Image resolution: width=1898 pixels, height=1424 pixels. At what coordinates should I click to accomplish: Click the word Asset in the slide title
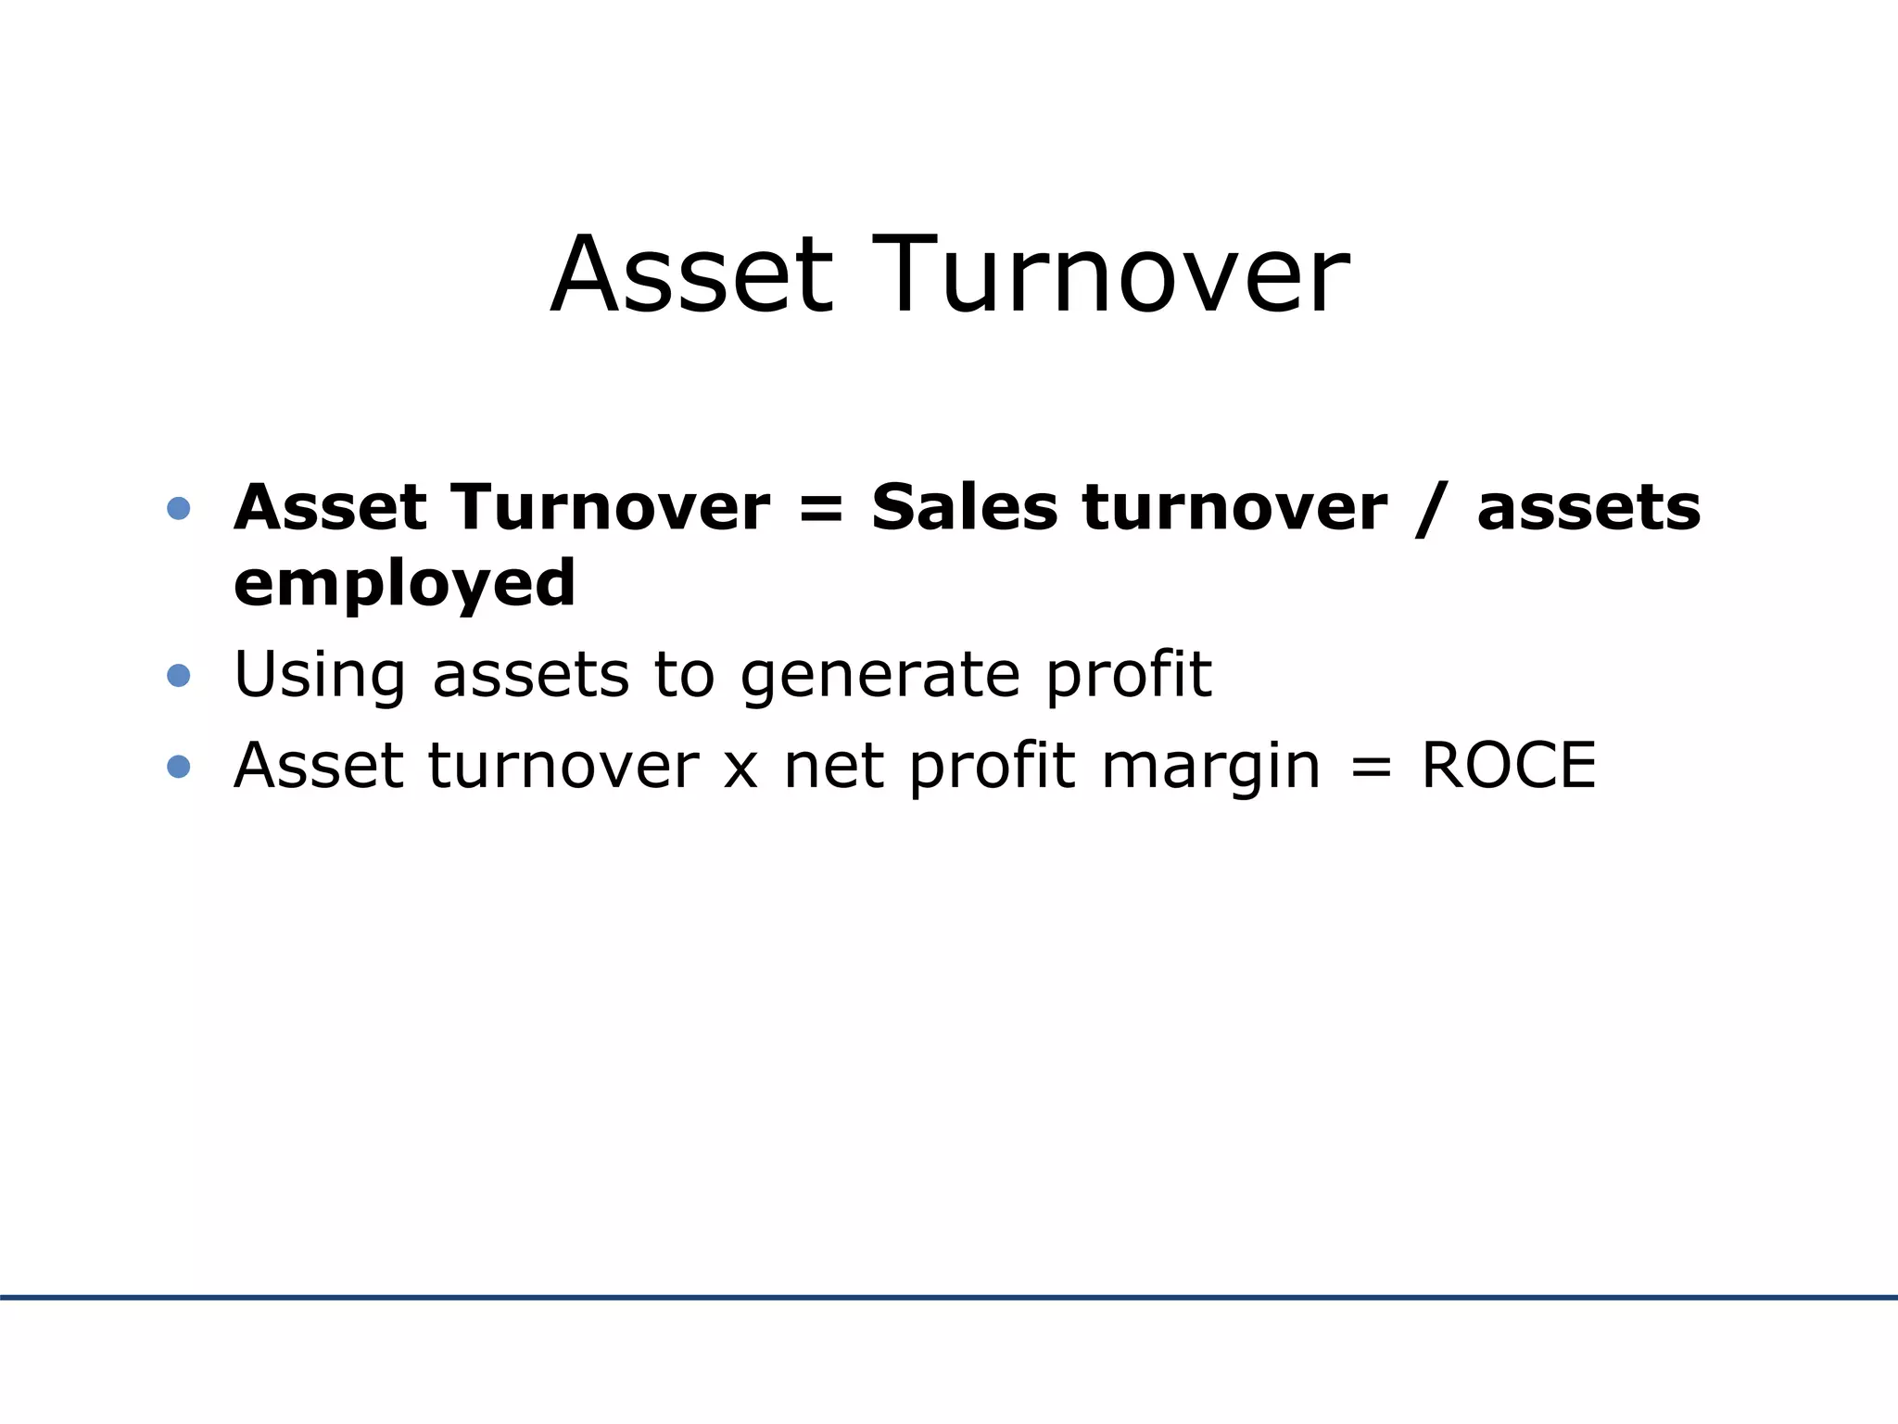click(691, 276)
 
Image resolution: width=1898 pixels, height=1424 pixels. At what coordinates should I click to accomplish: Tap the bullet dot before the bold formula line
click(179, 508)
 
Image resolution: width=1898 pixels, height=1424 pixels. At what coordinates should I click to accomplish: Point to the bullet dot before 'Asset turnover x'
click(179, 766)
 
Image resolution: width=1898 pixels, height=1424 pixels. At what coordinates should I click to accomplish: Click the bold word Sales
click(964, 508)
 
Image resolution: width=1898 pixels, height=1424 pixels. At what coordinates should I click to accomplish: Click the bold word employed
click(404, 584)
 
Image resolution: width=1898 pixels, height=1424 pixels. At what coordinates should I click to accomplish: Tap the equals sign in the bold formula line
click(820, 510)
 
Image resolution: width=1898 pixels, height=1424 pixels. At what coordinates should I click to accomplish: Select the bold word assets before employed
click(1588, 510)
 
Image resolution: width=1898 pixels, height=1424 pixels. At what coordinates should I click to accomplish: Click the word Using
click(320, 675)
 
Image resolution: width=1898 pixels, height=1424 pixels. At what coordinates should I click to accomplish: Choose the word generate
click(879, 677)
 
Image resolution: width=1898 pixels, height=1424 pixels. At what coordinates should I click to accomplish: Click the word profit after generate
click(1128, 675)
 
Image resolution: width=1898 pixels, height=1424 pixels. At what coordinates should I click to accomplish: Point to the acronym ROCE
click(1508, 766)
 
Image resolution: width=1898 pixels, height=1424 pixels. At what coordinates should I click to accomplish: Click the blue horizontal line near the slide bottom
click(949, 1297)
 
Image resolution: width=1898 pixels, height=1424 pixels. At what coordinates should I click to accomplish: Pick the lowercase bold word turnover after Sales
click(1234, 508)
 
